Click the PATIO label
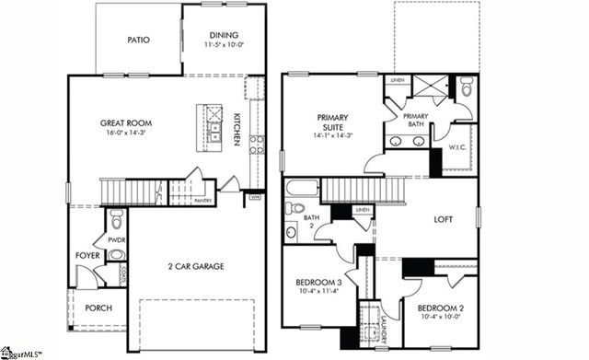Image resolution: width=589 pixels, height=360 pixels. click(x=138, y=40)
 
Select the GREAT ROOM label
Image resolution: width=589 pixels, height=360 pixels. click(x=126, y=122)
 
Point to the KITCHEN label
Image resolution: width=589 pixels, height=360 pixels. click(x=237, y=129)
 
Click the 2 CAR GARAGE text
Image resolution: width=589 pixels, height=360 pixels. click(x=196, y=266)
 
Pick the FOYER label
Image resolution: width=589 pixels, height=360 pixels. click(x=87, y=256)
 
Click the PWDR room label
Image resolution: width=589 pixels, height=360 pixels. click(x=116, y=239)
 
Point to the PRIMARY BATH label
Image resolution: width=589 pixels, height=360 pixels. click(x=413, y=120)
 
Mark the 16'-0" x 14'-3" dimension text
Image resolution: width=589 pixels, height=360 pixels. click(x=126, y=134)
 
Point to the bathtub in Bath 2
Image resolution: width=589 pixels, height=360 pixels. click(x=302, y=189)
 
